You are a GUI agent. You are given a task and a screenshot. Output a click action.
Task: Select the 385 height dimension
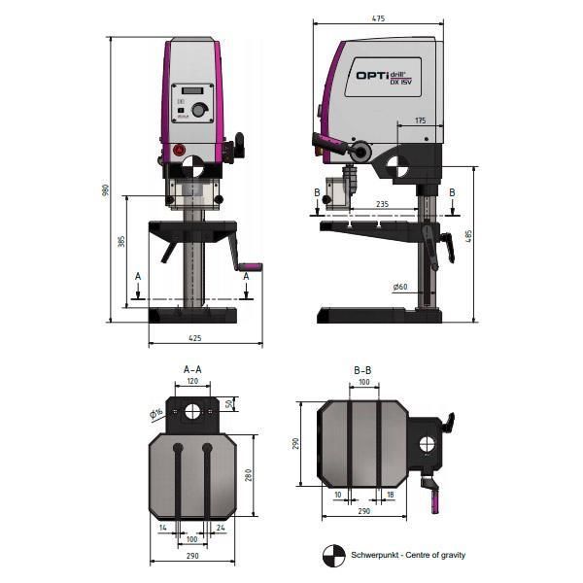[x=121, y=241]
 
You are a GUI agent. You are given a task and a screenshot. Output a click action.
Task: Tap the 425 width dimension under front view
[x=196, y=338]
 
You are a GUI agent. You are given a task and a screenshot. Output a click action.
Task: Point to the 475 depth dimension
[x=378, y=17]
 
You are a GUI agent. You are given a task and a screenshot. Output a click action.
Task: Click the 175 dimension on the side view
[x=420, y=120]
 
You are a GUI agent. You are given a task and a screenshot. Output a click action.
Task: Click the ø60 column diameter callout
[x=400, y=286]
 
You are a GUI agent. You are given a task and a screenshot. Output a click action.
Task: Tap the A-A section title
[x=192, y=369]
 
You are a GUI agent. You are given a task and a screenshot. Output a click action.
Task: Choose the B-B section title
[x=363, y=370]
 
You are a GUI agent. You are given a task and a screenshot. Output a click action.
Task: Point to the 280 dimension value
[x=248, y=475]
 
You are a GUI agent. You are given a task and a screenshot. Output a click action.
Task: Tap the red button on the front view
[x=178, y=150]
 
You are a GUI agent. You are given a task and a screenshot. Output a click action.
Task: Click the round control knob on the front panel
[x=198, y=111]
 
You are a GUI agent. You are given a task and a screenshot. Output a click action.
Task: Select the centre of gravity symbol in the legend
[x=333, y=554]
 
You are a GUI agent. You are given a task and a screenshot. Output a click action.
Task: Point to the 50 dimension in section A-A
[x=229, y=404]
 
